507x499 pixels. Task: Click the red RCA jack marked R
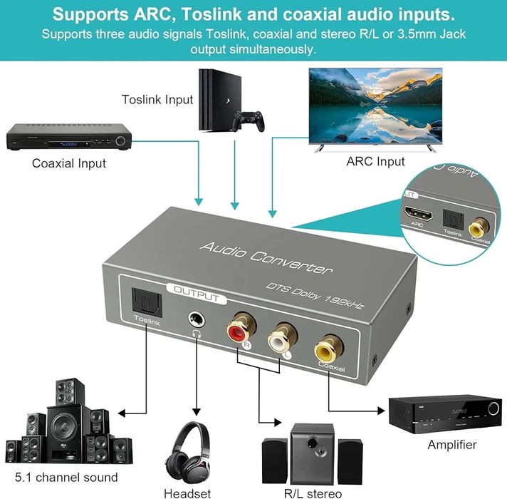(x=236, y=330)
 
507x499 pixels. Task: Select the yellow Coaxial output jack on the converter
(x=329, y=348)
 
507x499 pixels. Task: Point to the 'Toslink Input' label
(x=157, y=99)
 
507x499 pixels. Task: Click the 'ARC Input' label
(x=375, y=161)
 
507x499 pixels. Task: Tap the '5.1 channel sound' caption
(x=66, y=477)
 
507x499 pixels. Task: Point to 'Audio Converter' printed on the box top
(x=266, y=258)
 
